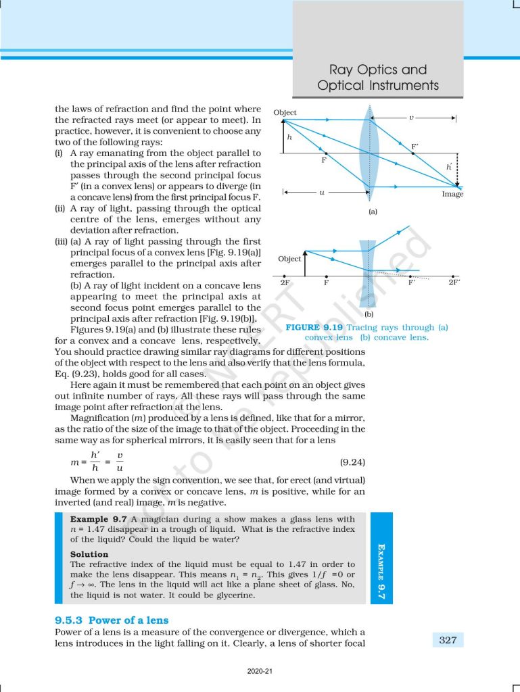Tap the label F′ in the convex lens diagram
[x=415, y=146]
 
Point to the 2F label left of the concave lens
[x=285, y=282]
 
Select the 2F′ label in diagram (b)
[x=454, y=282]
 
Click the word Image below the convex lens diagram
[x=452, y=194]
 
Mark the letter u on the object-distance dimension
[x=322, y=193]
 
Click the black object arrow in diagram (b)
[x=306, y=264]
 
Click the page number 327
[x=448, y=639]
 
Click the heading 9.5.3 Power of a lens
[x=112, y=620]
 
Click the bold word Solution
[x=89, y=554]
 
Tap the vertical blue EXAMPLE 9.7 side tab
[x=380, y=558]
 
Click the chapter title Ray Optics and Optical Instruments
[x=378, y=78]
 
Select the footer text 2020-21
[x=260, y=672]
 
